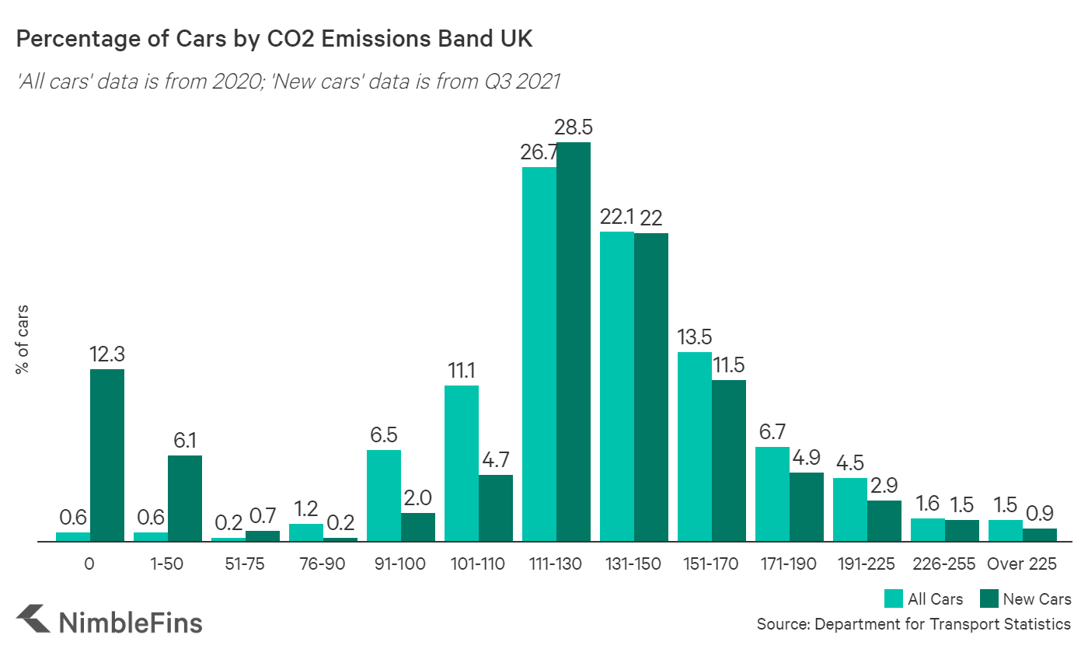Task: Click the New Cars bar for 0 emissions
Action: [x=107, y=455]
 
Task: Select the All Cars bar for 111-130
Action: [x=539, y=354]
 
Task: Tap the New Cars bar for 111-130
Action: [x=574, y=342]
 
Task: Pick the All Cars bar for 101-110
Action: [x=462, y=462]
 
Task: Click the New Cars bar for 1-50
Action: [x=185, y=497]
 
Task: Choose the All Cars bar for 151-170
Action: [x=695, y=446]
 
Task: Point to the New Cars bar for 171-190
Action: [x=807, y=506]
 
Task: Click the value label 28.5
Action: [x=574, y=127]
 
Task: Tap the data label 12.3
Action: [x=107, y=354]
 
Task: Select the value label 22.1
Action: [x=616, y=217]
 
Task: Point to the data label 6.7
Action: [x=772, y=431]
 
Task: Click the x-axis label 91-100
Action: [x=400, y=564]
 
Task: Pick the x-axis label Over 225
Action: [x=1022, y=564]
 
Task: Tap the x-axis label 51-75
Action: [x=245, y=564]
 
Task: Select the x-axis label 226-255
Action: [x=944, y=564]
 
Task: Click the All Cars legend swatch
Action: [x=893, y=598]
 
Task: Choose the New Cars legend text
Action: [x=1037, y=598]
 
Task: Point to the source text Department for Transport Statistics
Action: [x=942, y=624]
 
